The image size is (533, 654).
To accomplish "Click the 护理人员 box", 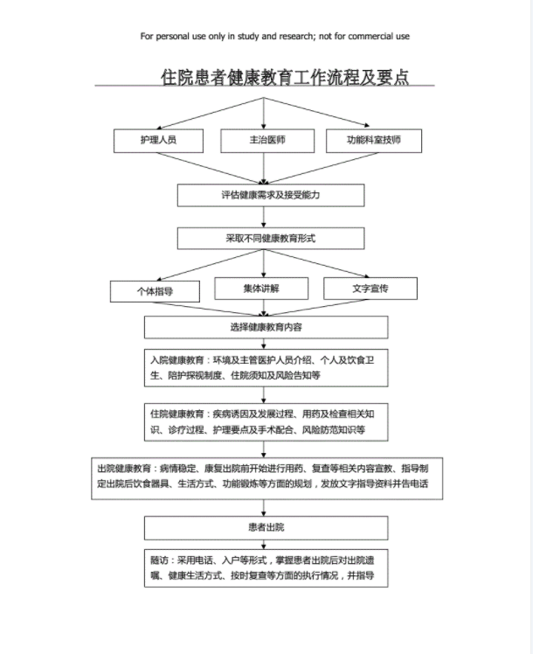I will [x=158, y=140].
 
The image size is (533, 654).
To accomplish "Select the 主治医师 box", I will [x=266, y=140].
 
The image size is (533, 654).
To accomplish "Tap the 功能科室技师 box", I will [x=373, y=140].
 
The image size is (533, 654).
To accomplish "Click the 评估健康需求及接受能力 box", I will [x=270, y=195].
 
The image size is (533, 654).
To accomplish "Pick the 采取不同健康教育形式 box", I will [x=270, y=238].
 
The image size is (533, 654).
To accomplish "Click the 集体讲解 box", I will [x=262, y=289].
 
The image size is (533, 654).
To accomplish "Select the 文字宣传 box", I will [x=370, y=288].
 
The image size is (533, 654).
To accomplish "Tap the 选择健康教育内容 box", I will [x=266, y=327].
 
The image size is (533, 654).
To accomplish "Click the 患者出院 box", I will [x=266, y=527].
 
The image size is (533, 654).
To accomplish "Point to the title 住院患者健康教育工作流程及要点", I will [x=285, y=77].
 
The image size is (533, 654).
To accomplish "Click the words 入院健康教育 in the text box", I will [x=176, y=360].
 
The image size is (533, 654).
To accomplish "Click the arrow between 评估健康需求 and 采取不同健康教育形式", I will [x=266, y=217].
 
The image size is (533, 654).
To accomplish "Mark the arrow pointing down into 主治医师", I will [x=265, y=114].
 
